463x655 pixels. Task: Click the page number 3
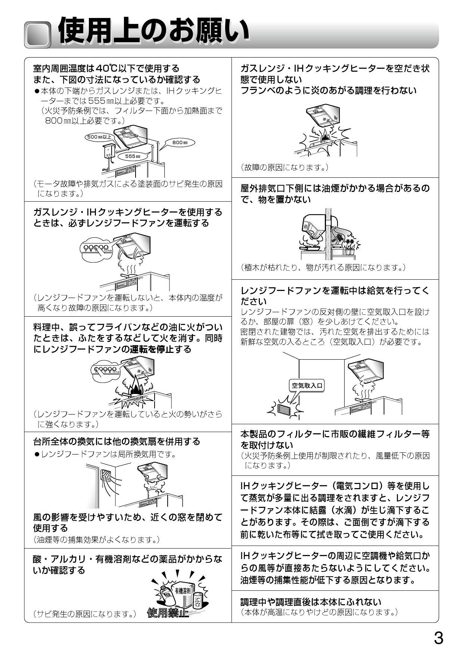coord(438,638)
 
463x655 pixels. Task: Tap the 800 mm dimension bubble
coord(180,143)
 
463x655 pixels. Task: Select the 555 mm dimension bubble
coord(133,156)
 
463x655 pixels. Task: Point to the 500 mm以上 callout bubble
coord(99,137)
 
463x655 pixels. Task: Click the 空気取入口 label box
coord(307,385)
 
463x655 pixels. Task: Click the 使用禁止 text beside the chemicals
coord(168,613)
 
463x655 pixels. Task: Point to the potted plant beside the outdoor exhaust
coord(349,247)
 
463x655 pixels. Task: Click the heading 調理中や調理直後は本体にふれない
coord(311,602)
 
